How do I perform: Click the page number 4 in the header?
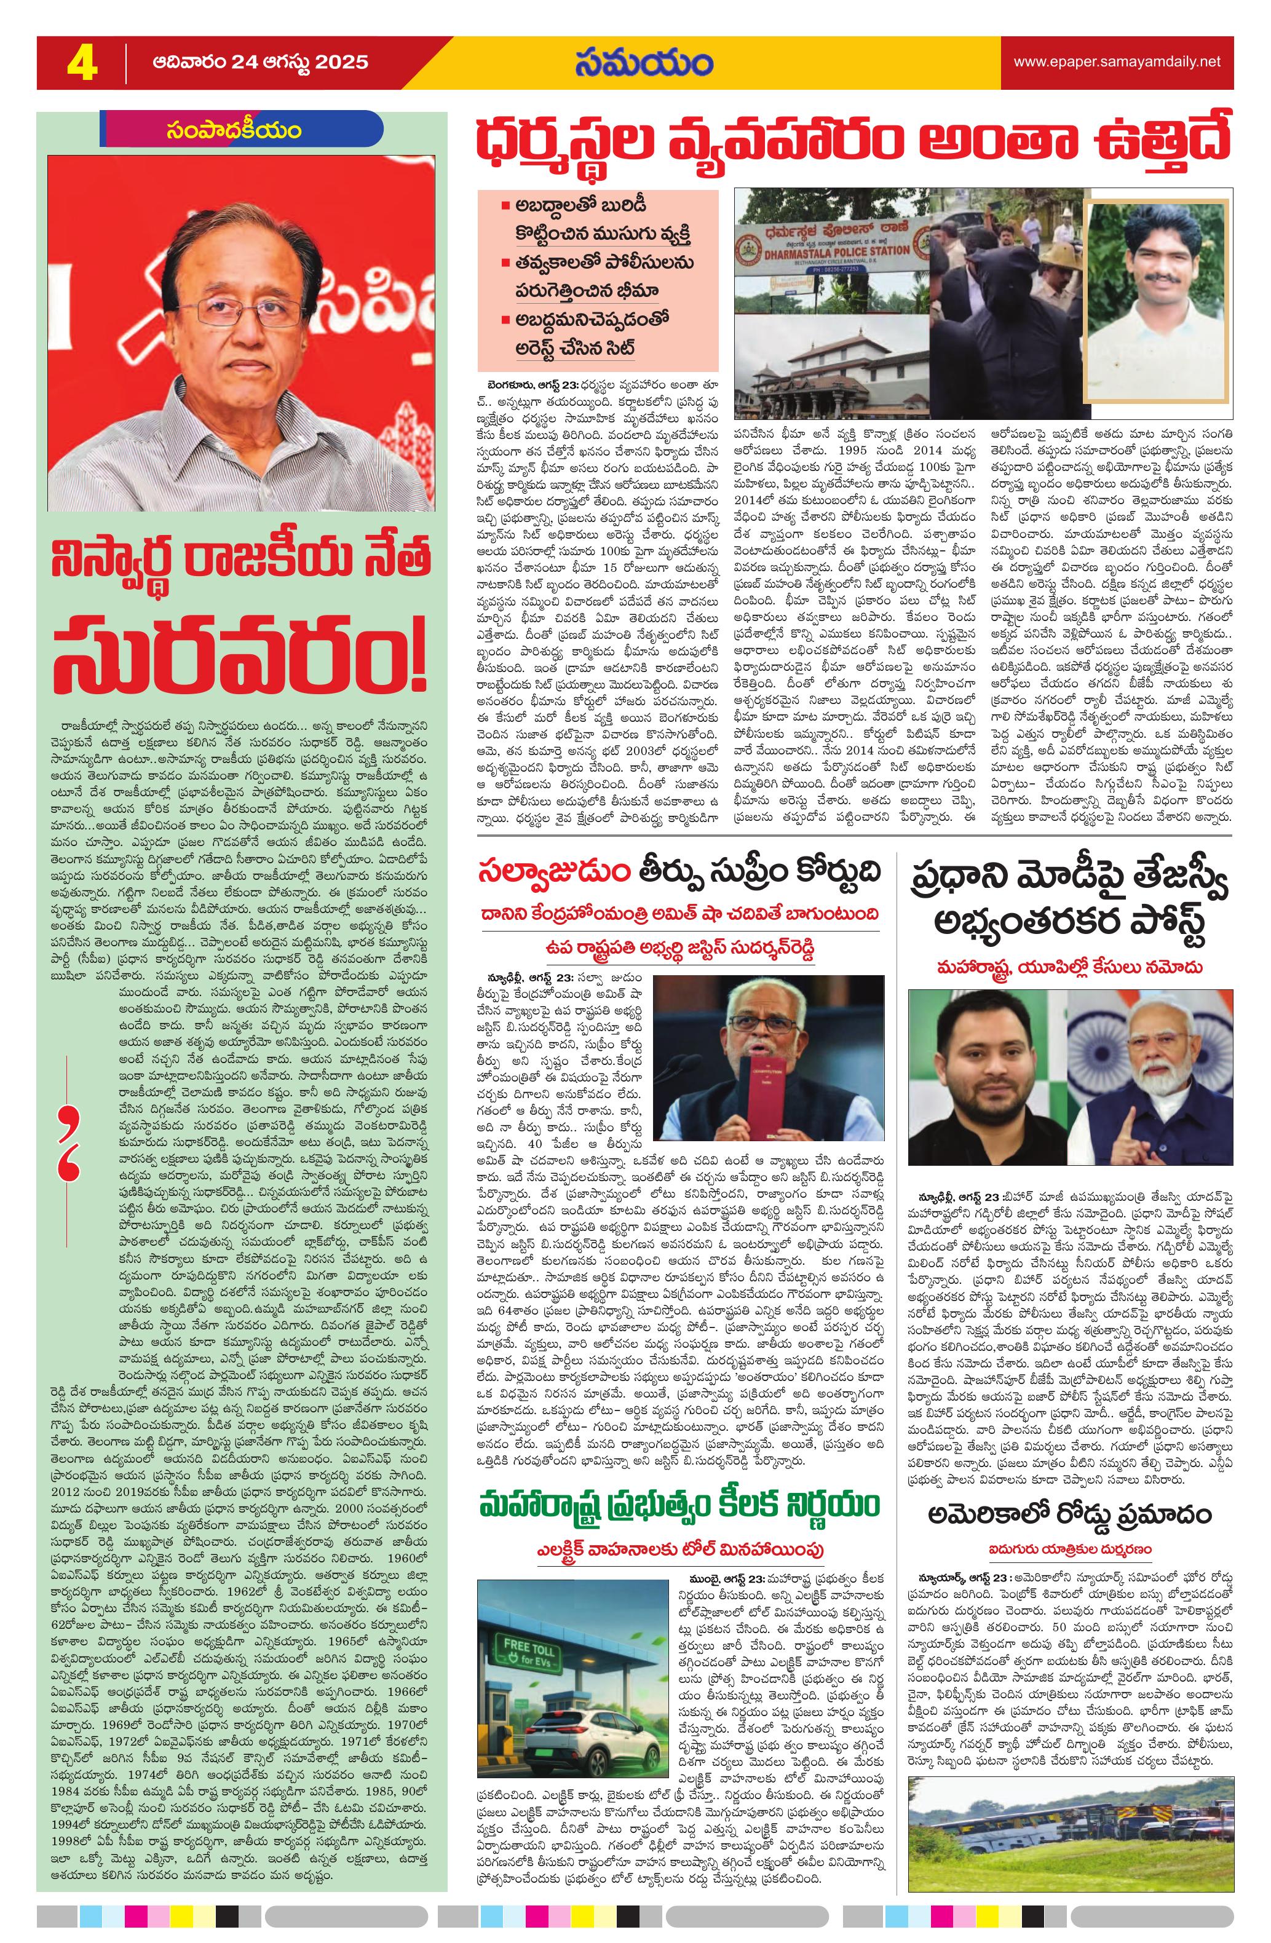pyautogui.click(x=82, y=63)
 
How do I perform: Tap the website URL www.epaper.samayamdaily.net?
pyautogui.click(x=1117, y=61)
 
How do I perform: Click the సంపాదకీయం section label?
pyautogui.click(x=231, y=130)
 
